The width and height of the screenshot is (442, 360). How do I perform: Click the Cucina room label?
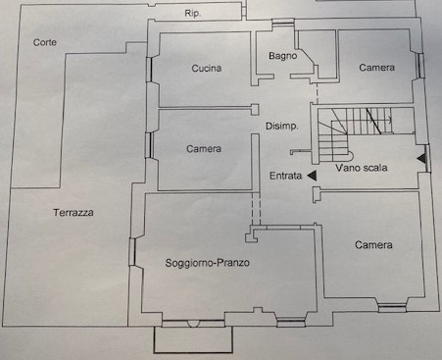point(207,68)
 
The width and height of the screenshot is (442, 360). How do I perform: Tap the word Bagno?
point(283,56)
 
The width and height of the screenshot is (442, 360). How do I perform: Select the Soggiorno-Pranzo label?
point(208,263)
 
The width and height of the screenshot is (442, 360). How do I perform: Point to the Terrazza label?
point(74,213)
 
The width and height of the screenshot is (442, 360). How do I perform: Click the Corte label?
point(45,42)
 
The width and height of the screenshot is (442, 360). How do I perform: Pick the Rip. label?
point(193,14)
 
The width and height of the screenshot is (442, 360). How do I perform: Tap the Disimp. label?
point(282,127)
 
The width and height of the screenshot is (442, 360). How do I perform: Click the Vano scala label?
point(362,168)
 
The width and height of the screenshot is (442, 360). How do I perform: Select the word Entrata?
point(285,176)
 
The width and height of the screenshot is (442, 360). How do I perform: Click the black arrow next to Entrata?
point(313,176)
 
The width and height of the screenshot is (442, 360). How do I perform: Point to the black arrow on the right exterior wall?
point(421,159)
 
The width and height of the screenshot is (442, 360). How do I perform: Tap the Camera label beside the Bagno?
point(377,68)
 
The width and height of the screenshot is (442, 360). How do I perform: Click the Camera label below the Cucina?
point(204,149)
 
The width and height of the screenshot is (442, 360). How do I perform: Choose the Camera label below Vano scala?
point(373,245)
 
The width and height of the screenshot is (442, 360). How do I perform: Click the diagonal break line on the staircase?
point(373,121)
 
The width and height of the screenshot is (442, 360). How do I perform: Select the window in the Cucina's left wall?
point(150,70)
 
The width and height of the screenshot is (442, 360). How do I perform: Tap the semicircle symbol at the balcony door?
point(193,325)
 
